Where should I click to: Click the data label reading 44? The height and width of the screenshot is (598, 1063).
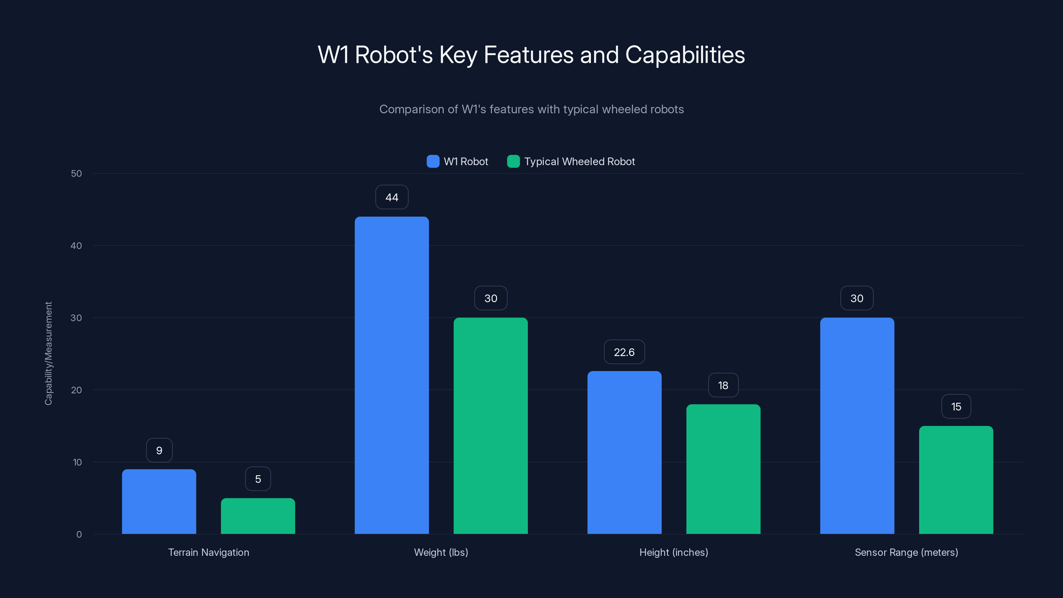coord(392,197)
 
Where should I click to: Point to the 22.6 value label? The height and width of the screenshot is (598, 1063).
coord(624,352)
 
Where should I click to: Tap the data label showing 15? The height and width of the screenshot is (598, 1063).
coord(956,407)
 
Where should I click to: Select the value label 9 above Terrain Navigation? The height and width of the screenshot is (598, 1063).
coord(159,450)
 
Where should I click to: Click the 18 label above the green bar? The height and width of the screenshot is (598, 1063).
coord(723,385)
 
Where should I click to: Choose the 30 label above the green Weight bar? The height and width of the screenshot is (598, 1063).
coord(491,298)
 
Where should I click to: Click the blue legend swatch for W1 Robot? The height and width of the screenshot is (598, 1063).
coord(433,161)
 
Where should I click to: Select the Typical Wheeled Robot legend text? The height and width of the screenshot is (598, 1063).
coord(579,161)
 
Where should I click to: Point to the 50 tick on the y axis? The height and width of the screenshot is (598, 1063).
coord(76,173)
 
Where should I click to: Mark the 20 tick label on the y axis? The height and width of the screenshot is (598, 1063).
coord(76,390)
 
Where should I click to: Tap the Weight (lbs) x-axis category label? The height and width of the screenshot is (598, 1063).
coord(441,552)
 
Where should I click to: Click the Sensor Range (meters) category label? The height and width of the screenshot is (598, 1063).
coord(906,552)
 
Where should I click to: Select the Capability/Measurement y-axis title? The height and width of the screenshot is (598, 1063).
coord(48,353)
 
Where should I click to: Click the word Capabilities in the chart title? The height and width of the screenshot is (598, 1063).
coord(685,54)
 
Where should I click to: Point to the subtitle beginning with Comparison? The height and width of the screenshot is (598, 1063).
coord(531,109)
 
